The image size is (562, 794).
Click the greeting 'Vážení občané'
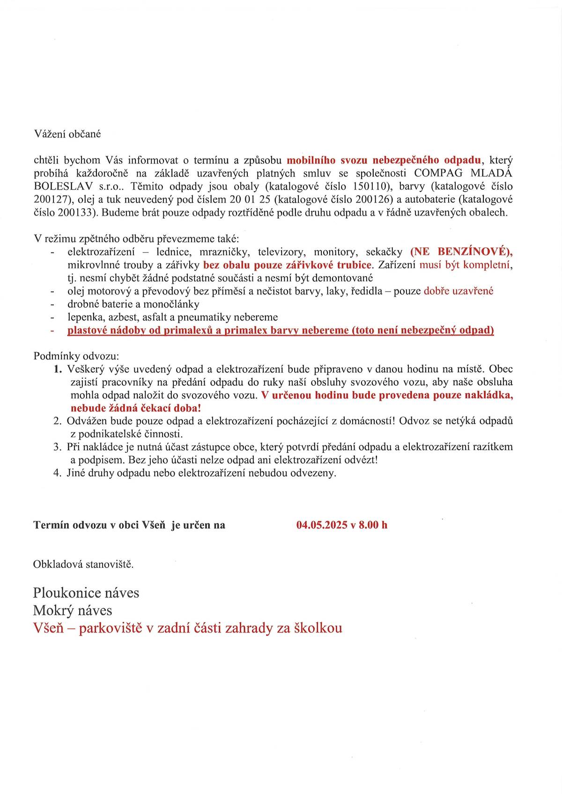(67, 134)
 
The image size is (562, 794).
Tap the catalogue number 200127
(51, 199)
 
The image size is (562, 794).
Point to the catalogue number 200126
(373, 199)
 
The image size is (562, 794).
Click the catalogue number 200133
(77, 213)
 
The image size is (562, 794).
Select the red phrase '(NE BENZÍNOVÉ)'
(461, 252)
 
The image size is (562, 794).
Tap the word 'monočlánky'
(175, 304)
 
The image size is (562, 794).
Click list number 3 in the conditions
(58, 447)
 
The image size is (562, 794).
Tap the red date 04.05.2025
(322, 525)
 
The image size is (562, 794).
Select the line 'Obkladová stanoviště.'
(83, 564)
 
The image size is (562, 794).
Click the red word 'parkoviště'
(110, 628)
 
